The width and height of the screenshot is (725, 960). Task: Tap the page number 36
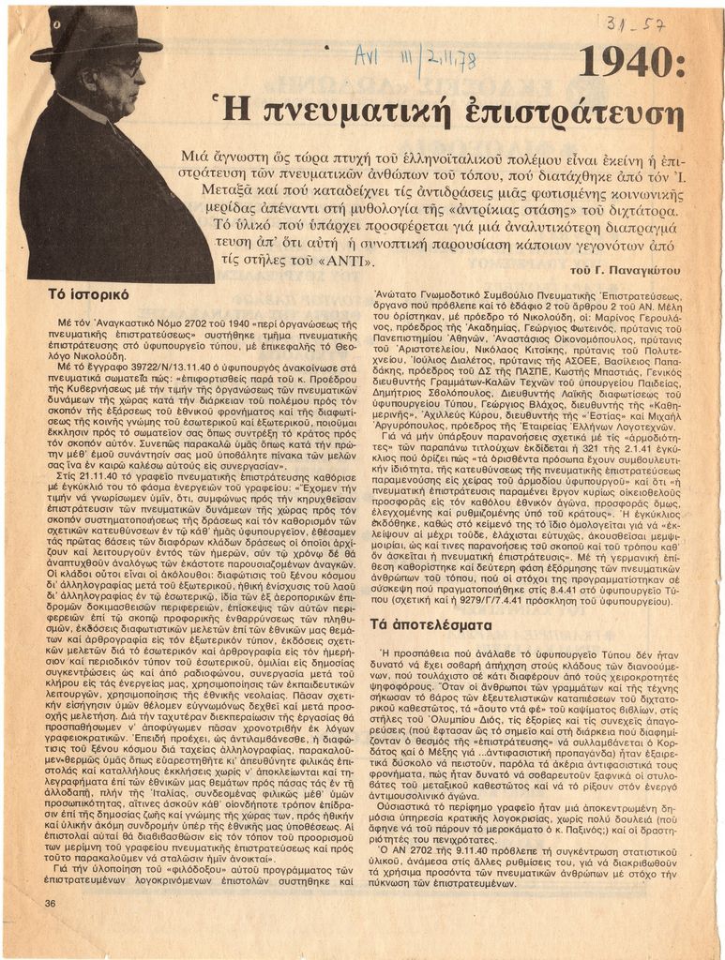50,903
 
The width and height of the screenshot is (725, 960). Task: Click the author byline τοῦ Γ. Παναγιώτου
625,271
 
